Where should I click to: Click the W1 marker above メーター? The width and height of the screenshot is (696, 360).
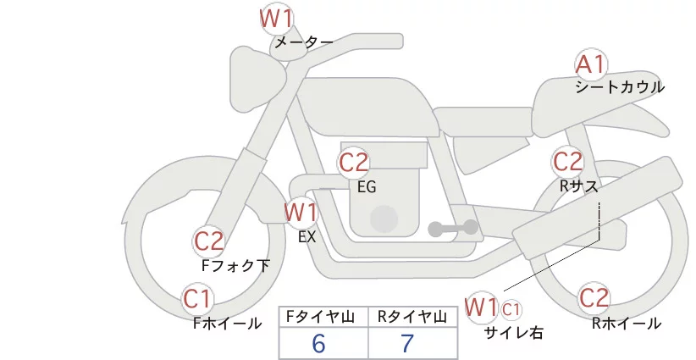[x=276, y=19]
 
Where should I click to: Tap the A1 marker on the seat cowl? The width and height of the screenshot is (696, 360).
[x=591, y=65]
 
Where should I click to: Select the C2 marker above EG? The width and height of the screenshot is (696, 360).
[x=354, y=163]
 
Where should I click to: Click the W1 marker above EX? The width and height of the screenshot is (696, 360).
[x=301, y=212]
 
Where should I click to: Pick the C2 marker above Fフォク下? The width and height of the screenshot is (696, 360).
[x=208, y=242]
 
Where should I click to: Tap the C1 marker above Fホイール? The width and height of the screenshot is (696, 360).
[x=197, y=299]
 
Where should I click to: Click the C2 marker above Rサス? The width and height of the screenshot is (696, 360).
[x=567, y=162]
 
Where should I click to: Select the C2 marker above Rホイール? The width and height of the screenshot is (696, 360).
[x=594, y=298]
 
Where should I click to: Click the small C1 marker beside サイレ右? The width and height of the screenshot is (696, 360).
[x=511, y=310]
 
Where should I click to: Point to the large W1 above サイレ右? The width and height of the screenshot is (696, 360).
[x=481, y=307]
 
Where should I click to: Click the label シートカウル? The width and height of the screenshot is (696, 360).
[x=620, y=87]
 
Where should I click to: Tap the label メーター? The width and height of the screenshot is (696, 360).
[x=304, y=42]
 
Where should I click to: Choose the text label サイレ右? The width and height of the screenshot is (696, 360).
[x=514, y=333]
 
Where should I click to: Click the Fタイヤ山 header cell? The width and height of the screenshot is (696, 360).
[x=323, y=317]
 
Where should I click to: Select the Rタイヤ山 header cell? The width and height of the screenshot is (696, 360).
[x=412, y=317]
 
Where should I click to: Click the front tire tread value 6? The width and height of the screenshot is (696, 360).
[x=318, y=343]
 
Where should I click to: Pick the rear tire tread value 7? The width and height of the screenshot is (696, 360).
[x=407, y=343]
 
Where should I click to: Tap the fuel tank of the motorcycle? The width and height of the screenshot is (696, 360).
[x=366, y=107]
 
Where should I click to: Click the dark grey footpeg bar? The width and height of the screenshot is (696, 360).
[x=453, y=228]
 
